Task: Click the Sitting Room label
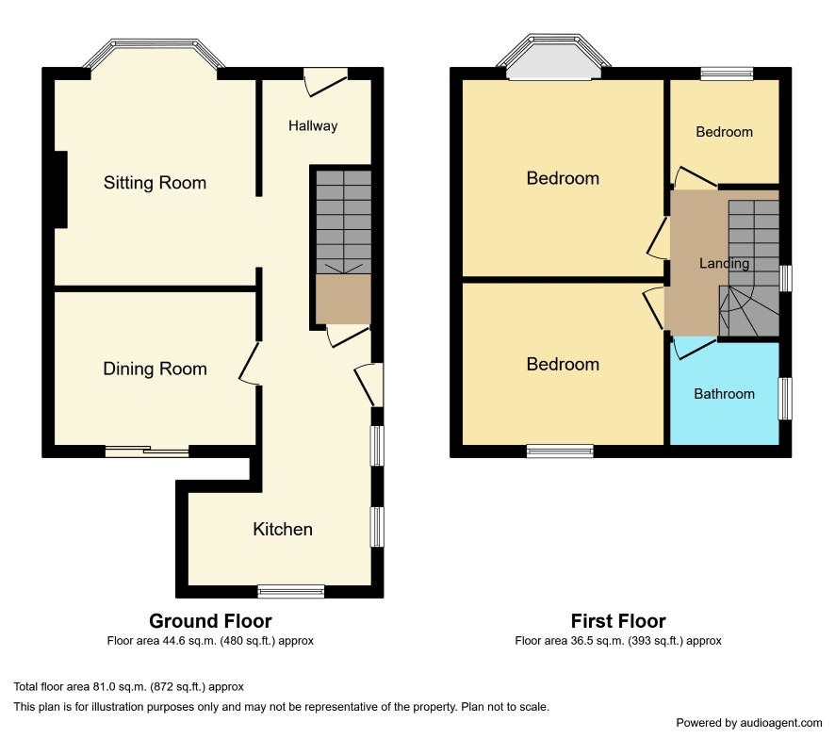pyautogui.click(x=155, y=183)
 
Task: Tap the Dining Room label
pyautogui.click(x=155, y=369)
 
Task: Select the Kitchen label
pyautogui.click(x=282, y=529)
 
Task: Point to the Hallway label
pyautogui.click(x=313, y=125)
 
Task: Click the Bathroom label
pyautogui.click(x=724, y=394)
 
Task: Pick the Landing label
pyautogui.click(x=724, y=263)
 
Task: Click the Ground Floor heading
pyautogui.click(x=210, y=621)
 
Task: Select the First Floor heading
pyautogui.click(x=617, y=621)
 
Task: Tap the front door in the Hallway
pyautogui.click(x=325, y=84)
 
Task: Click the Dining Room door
pyautogui.click(x=249, y=363)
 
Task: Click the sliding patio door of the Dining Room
pyautogui.click(x=147, y=452)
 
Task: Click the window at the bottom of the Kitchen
pyautogui.click(x=291, y=591)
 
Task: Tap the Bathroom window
pyautogui.click(x=785, y=399)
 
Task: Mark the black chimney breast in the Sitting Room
pyautogui.click(x=60, y=189)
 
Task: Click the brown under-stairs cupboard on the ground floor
pyautogui.click(x=343, y=299)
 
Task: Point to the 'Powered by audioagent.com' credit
pyautogui.click(x=748, y=723)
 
